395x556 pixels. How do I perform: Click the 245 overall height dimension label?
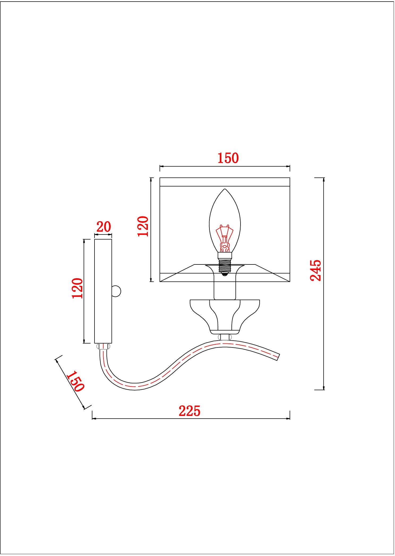pos(316,270)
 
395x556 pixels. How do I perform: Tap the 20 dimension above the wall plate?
pos(104,227)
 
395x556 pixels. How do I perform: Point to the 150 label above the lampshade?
pos(228,158)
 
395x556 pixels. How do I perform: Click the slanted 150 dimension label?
pos(75,381)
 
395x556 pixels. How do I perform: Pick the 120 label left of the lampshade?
pos(143,226)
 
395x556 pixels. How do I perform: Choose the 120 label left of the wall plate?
pos(78,288)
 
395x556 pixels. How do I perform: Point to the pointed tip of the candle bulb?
pos(225,189)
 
